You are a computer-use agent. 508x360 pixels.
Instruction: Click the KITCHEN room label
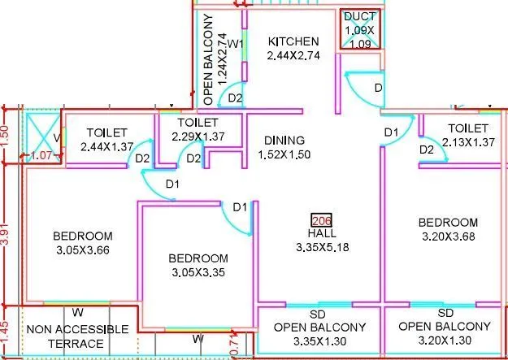pyautogui.click(x=294, y=41)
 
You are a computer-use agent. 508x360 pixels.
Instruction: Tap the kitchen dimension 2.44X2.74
pyautogui.click(x=294, y=56)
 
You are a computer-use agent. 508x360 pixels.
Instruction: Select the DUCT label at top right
pyautogui.click(x=359, y=16)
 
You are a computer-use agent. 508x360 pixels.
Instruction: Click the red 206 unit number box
pyautogui.click(x=322, y=219)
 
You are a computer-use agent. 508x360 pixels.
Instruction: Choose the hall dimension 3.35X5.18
pyautogui.click(x=322, y=247)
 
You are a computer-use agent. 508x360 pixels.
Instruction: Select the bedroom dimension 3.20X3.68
pyautogui.click(x=448, y=236)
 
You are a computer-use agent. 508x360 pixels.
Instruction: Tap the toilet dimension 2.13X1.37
pyautogui.click(x=467, y=143)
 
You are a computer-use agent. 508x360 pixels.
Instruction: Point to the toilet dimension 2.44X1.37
pyautogui.click(x=108, y=146)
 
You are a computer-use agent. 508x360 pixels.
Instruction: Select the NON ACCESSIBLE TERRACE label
pyautogui.click(x=77, y=336)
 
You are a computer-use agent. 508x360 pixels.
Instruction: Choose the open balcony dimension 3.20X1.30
pyautogui.click(x=445, y=341)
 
